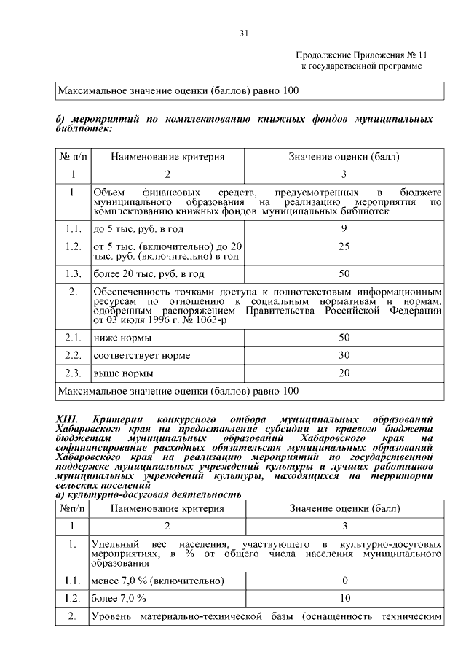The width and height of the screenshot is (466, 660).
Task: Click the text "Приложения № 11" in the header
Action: tap(384, 55)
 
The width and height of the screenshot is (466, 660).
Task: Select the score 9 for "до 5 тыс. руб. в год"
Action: tap(344, 229)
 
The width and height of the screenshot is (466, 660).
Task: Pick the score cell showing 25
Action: tap(344, 247)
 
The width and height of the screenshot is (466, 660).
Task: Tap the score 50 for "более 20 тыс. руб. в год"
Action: tap(344, 274)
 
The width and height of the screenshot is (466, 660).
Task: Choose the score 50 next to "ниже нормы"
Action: tap(344, 338)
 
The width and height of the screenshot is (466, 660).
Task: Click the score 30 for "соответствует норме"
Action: tap(344, 355)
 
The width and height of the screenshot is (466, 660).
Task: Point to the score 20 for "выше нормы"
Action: tap(344, 373)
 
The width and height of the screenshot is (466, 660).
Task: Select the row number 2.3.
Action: tap(73, 373)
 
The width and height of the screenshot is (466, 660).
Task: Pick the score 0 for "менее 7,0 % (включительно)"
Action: tap(344, 581)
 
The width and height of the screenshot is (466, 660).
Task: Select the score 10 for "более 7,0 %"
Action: tap(344, 598)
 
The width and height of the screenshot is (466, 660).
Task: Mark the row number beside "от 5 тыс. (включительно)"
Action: tap(73, 247)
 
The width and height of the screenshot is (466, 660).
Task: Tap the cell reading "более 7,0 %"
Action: tap(119, 598)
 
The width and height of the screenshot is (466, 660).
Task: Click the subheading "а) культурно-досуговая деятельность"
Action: tap(149, 494)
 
